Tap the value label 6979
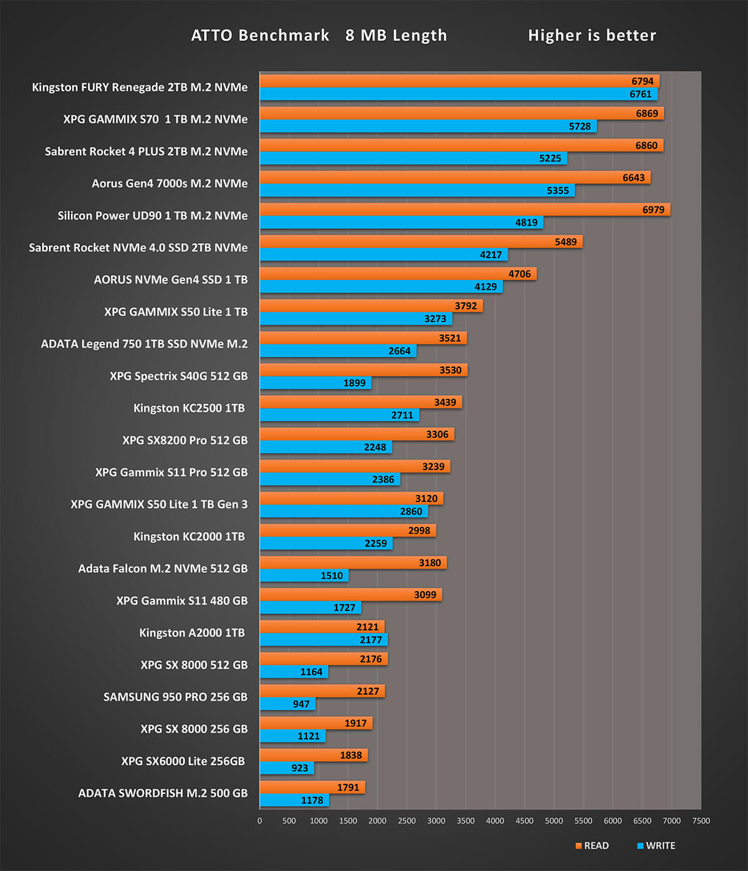[x=653, y=209]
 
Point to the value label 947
[x=301, y=704]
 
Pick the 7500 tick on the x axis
[x=701, y=820]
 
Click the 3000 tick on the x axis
[x=436, y=820]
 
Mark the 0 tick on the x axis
[x=260, y=820]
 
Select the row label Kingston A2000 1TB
[x=192, y=633]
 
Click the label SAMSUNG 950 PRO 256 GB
[x=175, y=697]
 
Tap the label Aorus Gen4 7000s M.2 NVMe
[x=170, y=183]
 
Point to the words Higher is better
[x=592, y=36]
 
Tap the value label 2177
[x=371, y=640]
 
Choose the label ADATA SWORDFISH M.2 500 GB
[x=163, y=793]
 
